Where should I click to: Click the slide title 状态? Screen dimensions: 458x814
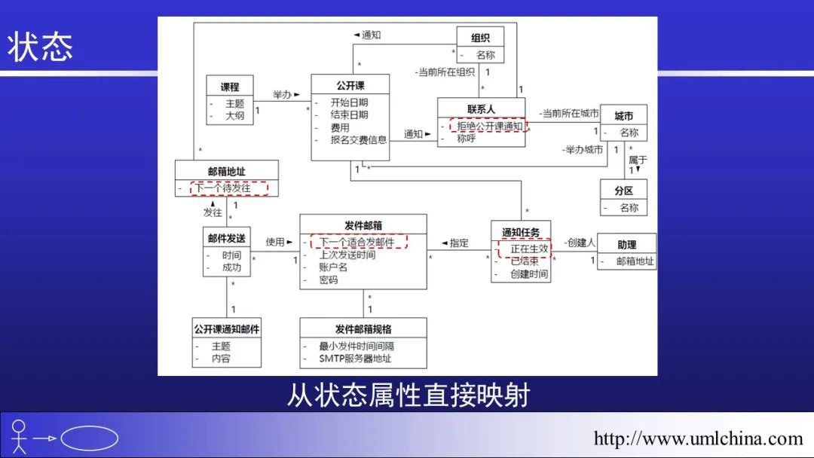pyautogui.click(x=41, y=47)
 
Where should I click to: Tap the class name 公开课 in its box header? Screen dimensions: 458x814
pyautogui.click(x=350, y=85)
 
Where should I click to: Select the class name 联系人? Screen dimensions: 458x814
pyautogui.click(x=481, y=109)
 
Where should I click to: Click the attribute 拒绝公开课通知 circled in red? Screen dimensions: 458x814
pyautogui.click(x=489, y=127)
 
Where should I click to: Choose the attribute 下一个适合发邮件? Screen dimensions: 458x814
pyautogui.click(x=357, y=243)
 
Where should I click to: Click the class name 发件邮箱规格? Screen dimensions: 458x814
pyautogui.click(x=363, y=329)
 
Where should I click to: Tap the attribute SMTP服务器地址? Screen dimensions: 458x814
pyautogui.click(x=355, y=359)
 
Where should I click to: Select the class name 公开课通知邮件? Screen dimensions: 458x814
pyautogui.click(x=227, y=329)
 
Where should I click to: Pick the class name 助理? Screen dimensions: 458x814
pyautogui.click(x=626, y=245)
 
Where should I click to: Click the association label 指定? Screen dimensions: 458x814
pyautogui.click(x=459, y=243)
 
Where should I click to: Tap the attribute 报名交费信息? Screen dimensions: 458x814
pyautogui.click(x=358, y=139)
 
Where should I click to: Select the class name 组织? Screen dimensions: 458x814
pyautogui.click(x=480, y=38)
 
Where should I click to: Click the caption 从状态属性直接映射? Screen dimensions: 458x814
pyautogui.click(x=408, y=395)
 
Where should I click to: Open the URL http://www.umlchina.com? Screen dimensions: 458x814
pyautogui.click(x=698, y=438)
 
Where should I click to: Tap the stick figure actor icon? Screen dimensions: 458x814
pyautogui.click(x=20, y=437)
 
